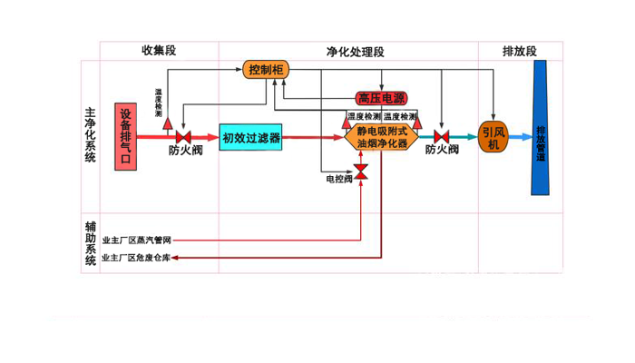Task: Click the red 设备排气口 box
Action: (127, 137)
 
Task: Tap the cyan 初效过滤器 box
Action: (251, 138)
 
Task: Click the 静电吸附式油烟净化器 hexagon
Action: (381, 138)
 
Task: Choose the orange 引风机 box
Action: (493, 137)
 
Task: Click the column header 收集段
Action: (157, 51)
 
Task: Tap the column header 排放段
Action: (520, 52)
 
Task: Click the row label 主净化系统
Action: (90, 135)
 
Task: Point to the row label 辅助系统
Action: (90, 242)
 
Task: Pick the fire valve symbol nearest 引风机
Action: (442, 138)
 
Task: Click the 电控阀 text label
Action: (337, 180)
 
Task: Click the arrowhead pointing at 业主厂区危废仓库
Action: (176, 259)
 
